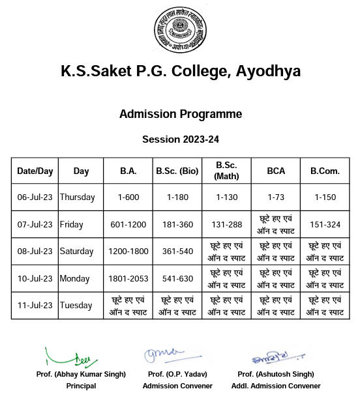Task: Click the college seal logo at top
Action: click(180, 32)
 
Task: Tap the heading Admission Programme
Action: click(180, 114)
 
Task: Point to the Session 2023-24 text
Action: click(180, 139)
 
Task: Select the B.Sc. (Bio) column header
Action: click(177, 171)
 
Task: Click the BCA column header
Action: click(275, 171)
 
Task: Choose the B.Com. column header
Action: click(325, 171)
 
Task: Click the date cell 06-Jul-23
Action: click(35, 197)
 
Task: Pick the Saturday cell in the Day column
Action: click(77, 252)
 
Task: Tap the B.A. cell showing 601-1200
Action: click(128, 225)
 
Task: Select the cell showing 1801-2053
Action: click(128, 279)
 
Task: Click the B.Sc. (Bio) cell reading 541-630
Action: click(177, 279)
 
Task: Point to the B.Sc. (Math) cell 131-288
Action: click(226, 225)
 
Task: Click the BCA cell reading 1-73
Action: click(275, 197)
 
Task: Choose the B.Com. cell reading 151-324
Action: click(325, 225)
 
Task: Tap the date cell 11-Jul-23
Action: click(35, 306)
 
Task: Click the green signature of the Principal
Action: click(73, 358)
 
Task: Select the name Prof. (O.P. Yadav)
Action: click(177, 374)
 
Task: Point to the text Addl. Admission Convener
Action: click(276, 386)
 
